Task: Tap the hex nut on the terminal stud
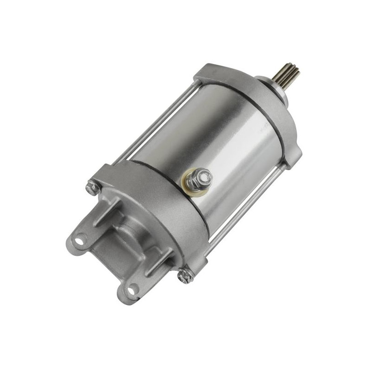click(201, 176)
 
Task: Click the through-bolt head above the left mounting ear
click(91, 186)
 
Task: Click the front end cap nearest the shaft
click(248, 106)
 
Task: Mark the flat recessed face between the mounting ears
click(110, 258)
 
